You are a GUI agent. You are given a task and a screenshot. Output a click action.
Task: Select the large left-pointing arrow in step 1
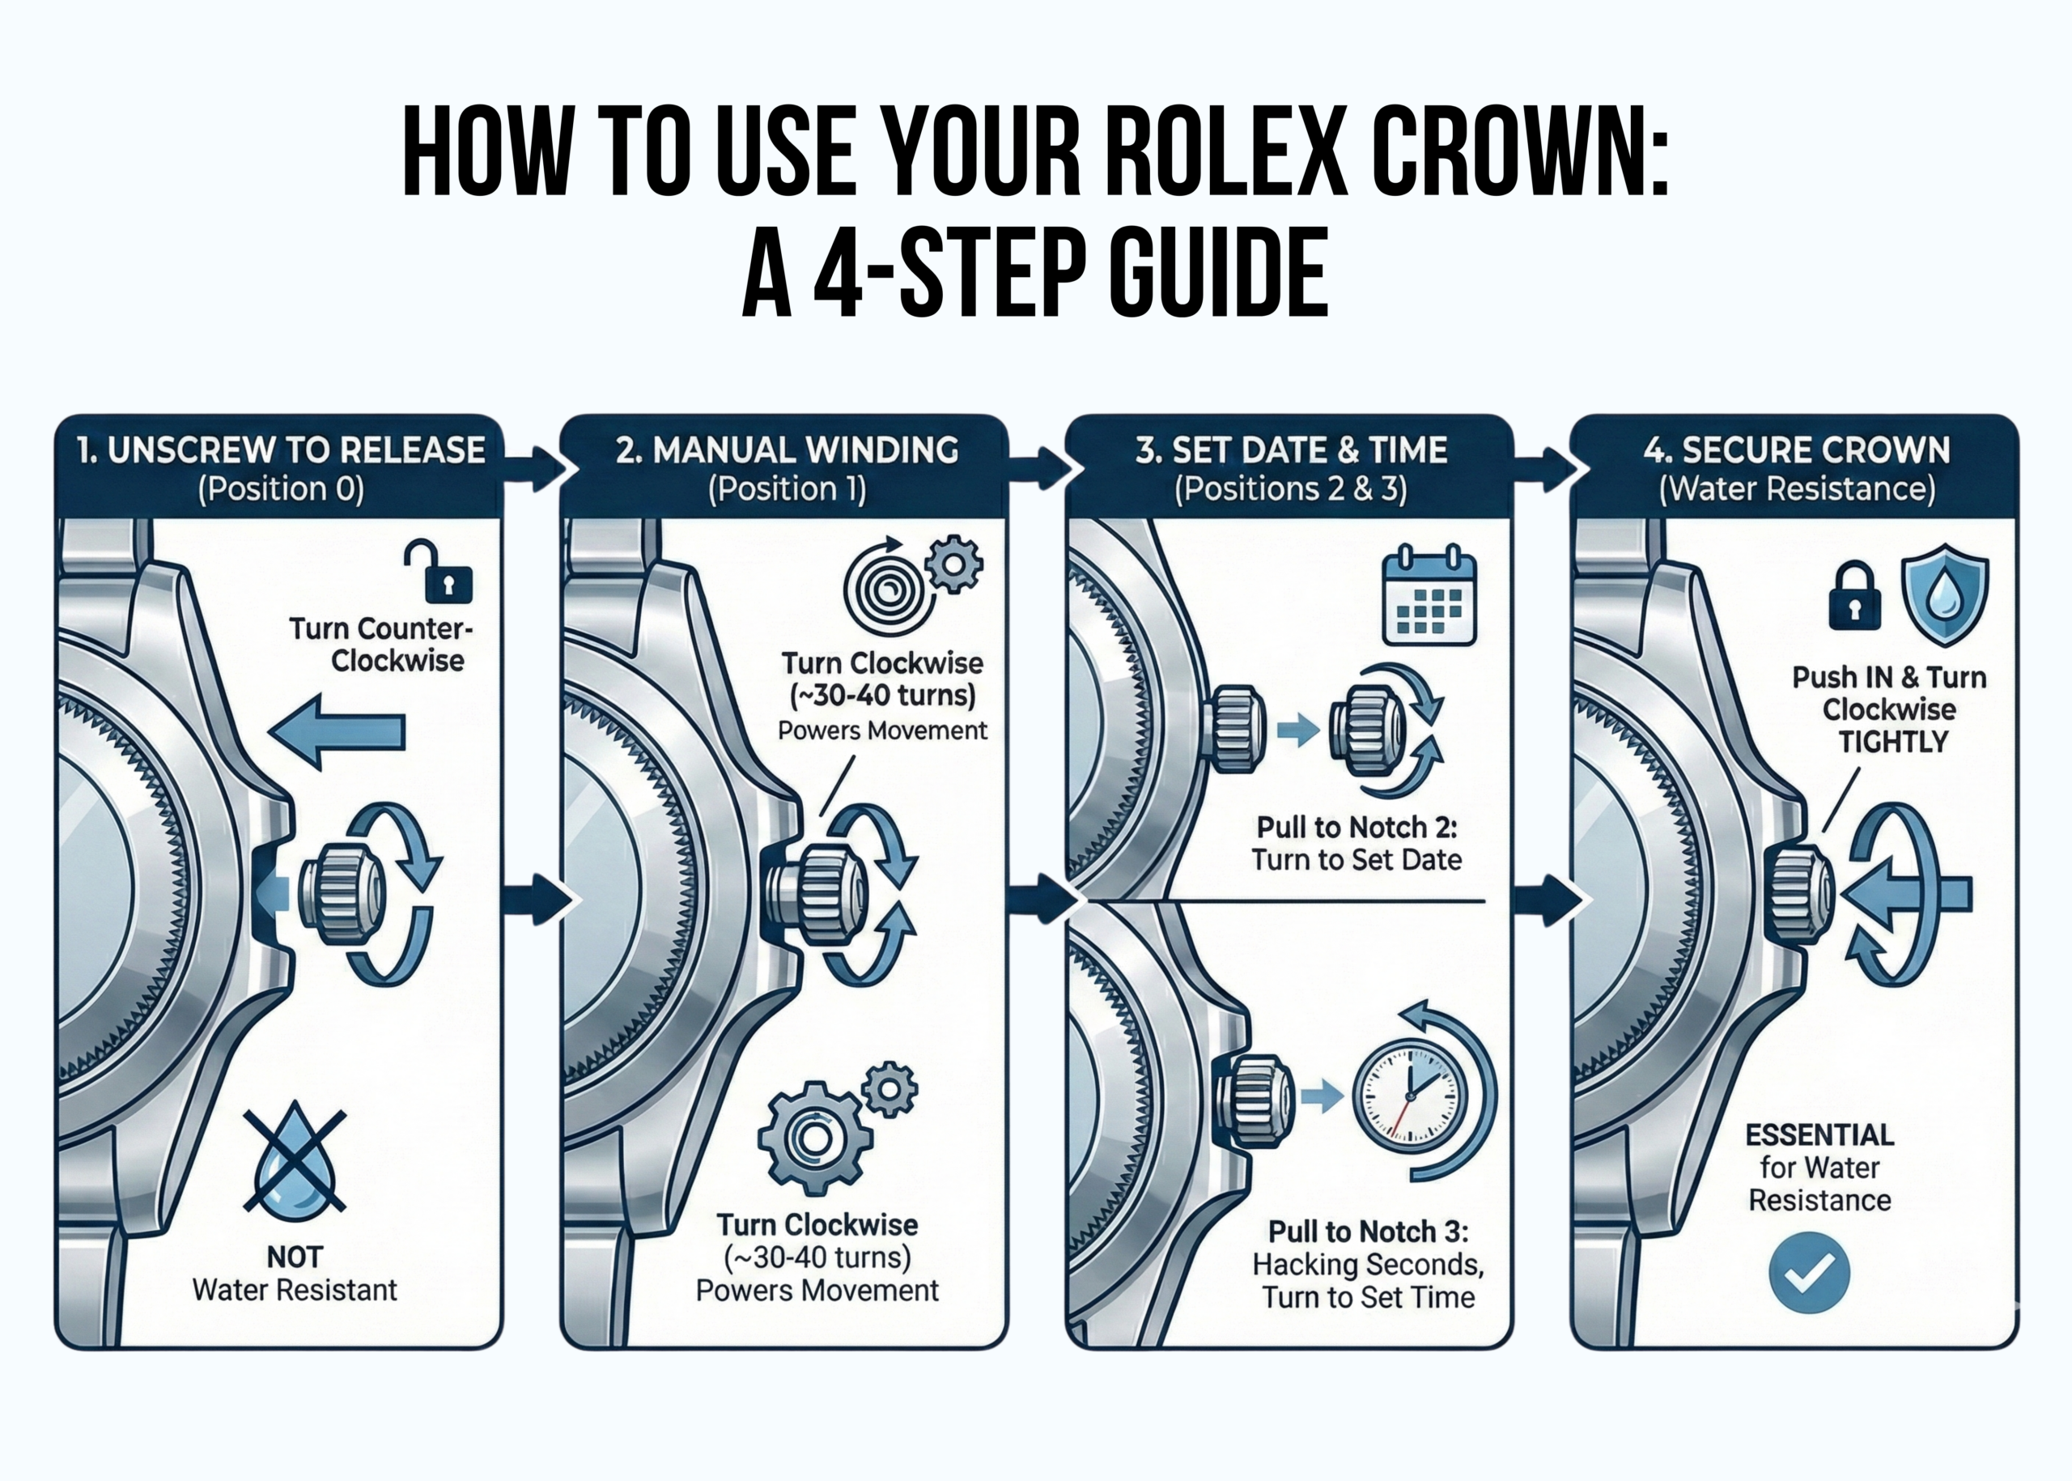pos(338,730)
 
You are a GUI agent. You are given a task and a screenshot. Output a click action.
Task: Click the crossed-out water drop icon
pos(295,1161)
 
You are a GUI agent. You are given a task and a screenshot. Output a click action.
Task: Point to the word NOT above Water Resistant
pos(295,1257)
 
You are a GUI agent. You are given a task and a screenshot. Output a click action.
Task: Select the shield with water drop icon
pos(1944,594)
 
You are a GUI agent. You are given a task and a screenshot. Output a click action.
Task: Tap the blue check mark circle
pos(1809,1273)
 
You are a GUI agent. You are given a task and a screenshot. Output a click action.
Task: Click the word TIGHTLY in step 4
pos(1892,742)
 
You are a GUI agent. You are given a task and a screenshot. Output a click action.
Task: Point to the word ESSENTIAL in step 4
pos(1819,1134)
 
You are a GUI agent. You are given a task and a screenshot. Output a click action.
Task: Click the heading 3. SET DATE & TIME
pos(1291,450)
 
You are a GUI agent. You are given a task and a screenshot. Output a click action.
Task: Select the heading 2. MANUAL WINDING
pos(787,450)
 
